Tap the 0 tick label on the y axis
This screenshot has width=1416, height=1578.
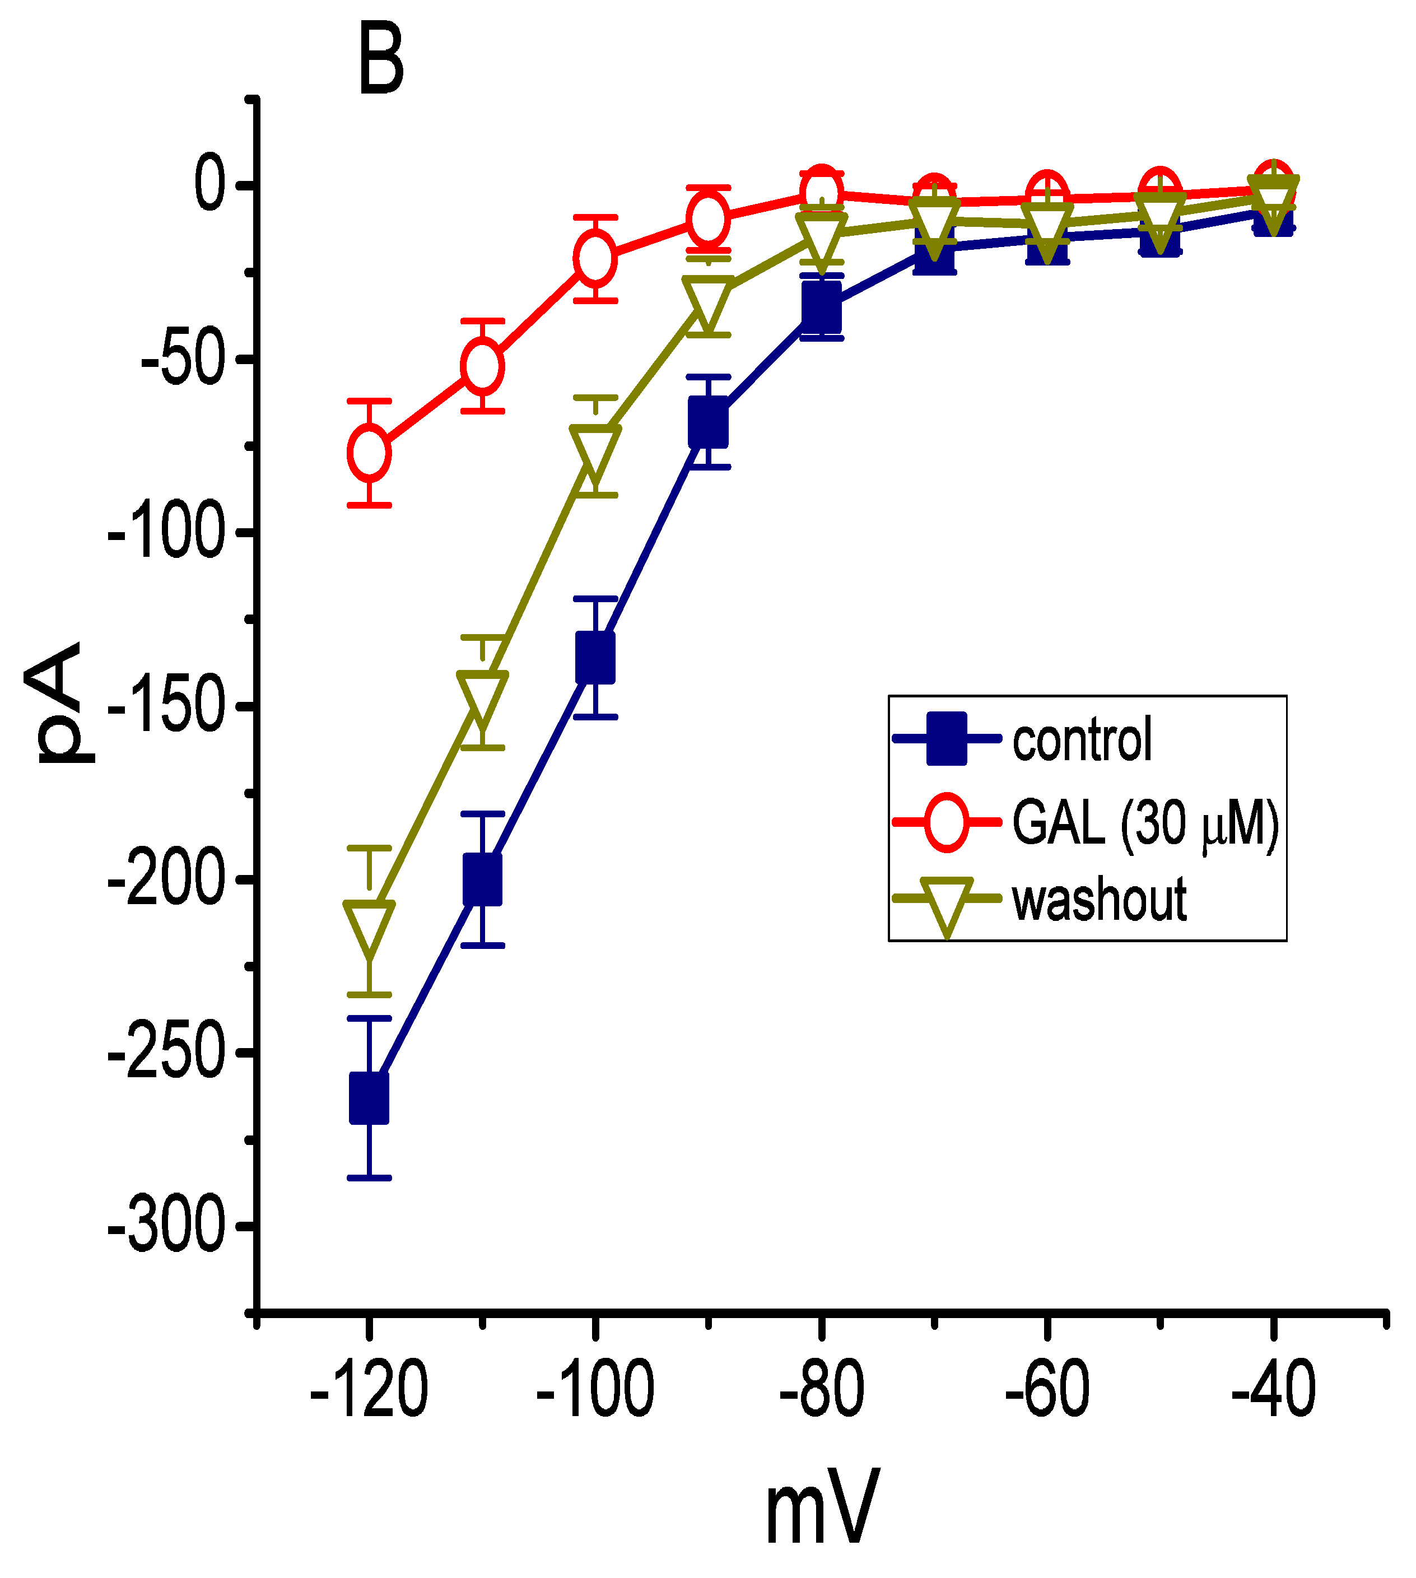(x=208, y=185)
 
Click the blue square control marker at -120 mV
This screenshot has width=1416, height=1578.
(x=369, y=1098)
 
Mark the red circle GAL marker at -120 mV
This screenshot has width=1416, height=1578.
(x=369, y=452)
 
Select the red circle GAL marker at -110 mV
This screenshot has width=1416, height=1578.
(x=482, y=366)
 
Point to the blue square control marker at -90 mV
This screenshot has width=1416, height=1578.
(x=708, y=422)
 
